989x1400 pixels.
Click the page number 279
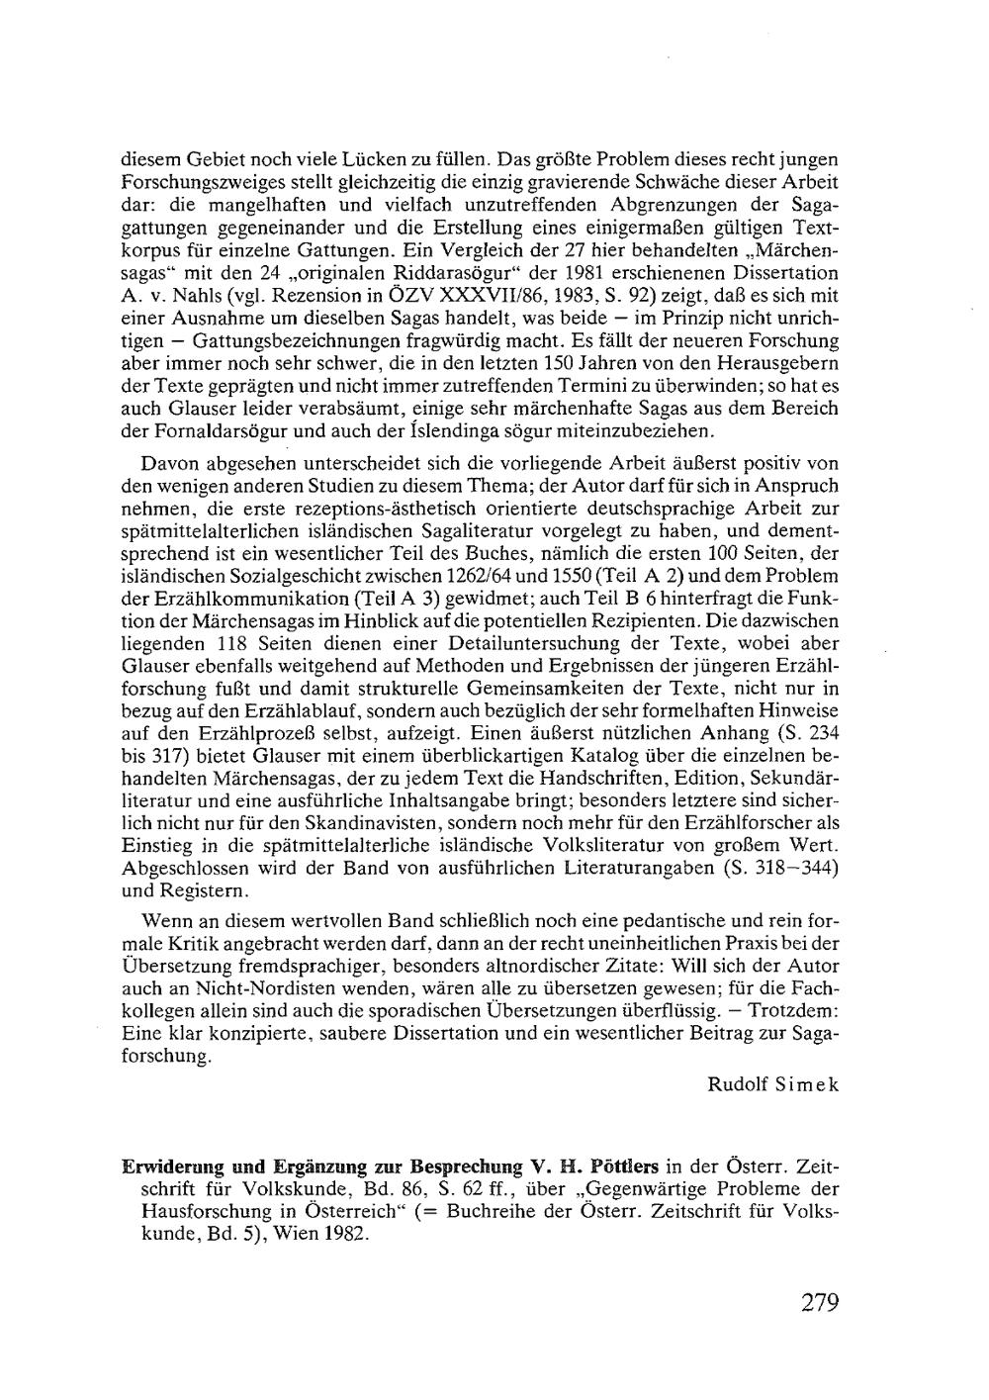click(820, 1302)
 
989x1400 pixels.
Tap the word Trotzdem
click(794, 1011)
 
